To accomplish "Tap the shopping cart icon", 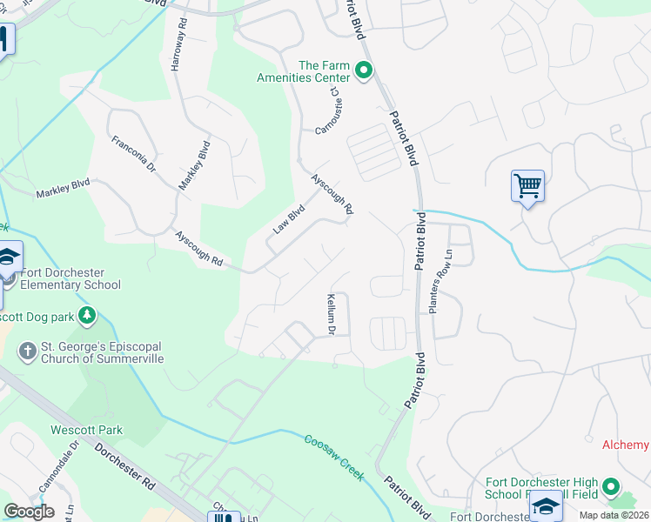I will coord(527,185).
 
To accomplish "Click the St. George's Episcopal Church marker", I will coord(27,351).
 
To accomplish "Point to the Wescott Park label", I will coord(86,430).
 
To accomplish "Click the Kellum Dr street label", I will coord(331,314).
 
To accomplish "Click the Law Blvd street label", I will coord(289,219).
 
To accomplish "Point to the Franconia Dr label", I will coord(133,153).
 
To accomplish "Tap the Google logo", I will coord(29,512).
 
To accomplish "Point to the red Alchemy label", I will coord(626,445).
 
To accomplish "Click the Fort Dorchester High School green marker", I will coord(611,487).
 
